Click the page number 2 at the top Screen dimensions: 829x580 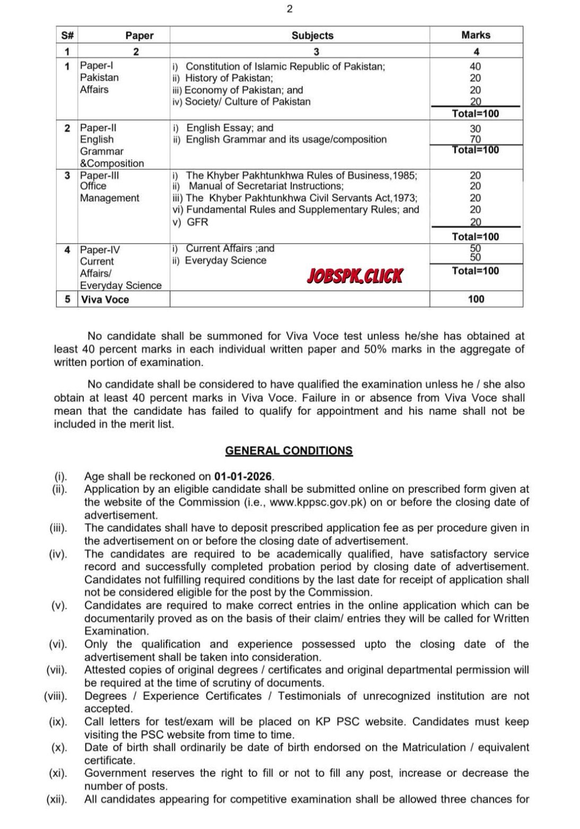tap(290, 9)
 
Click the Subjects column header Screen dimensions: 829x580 tap(313, 36)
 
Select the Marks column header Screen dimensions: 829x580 tap(475, 35)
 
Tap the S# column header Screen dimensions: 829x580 tap(67, 36)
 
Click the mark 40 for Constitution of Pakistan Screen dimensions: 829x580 tap(475, 66)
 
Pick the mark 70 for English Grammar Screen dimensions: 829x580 tap(475, 140)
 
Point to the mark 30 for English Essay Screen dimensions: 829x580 tap(475, 128)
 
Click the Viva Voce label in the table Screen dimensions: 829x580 tap(105, 299)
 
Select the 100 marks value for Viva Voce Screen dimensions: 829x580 tap(476, 299)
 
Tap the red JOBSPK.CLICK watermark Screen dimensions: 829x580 tap(355, 276)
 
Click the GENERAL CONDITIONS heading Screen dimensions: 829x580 tap(289, 451)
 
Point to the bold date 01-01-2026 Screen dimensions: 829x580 tap(244, 476)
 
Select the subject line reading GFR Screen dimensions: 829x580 tap(197, 222)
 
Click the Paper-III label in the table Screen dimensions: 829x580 tap(97, 175)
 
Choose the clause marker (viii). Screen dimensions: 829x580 tap(56, 696)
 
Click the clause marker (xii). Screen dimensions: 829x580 tap(57, 799)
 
